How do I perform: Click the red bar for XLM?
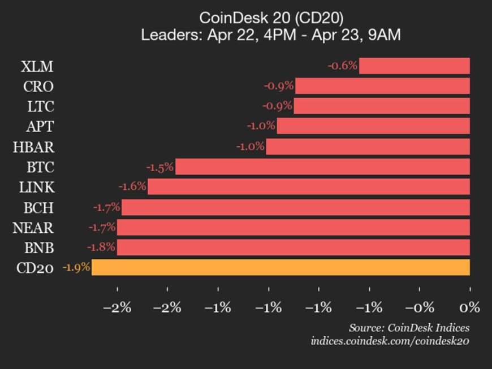coord(415,66)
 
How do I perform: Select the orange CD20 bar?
coord(280,267)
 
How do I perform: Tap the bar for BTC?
coord(322,167)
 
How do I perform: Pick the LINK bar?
coord(309,186)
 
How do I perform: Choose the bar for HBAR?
coord(368,147)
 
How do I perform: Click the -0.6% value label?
coord(343,66)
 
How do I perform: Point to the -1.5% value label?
coord(161,167)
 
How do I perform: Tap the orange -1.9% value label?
coord(76,267)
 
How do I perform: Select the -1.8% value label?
coord(101,247)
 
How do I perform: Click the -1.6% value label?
coord(132,186)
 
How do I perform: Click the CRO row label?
coord(38,86)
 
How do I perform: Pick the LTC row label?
coord(40,106)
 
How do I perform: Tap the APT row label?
coord(40,126)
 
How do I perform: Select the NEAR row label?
coord(33,228)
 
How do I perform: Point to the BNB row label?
coord(38,248)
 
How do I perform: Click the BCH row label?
coord(38,207)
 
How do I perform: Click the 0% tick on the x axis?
coord(469,307)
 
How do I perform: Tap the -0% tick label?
coord(419,307)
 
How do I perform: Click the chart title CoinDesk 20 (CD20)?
coord(271,18)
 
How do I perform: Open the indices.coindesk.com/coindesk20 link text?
coord(390,341)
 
